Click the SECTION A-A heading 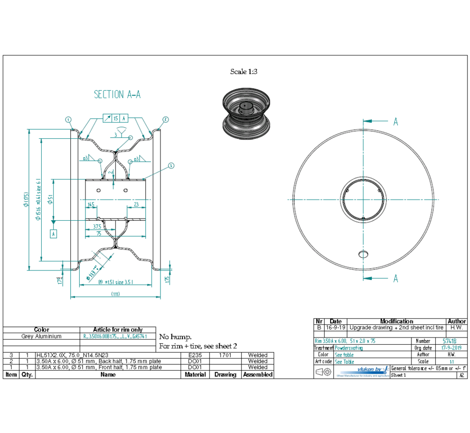(x=117, y=95)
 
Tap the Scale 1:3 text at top (x=243, y=72)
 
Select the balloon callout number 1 (x=69, y=120)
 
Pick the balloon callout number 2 (x=165, y=120)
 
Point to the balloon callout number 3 (x=171, y=165)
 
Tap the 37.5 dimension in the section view (x=97, y=227)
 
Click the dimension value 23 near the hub (x=136, y=204)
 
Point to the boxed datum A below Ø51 (x=53, y=233)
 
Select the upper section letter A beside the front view (x=395, y=122)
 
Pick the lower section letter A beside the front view (x=395, y=279)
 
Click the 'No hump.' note (x=175, y=337)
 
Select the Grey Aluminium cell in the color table (x=41, y=336)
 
